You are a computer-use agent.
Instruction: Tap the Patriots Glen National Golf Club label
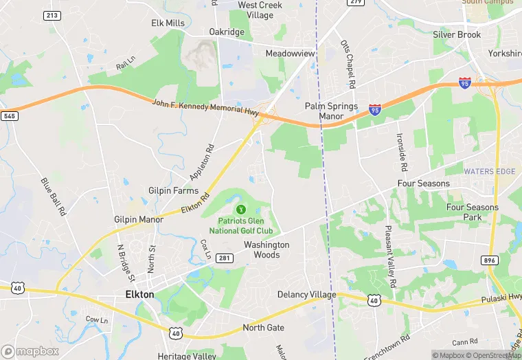(x=245, y=225)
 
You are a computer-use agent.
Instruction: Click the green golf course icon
(x=240, y=209)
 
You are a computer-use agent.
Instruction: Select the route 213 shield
(x=51, y=15)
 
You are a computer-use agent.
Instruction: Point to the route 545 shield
(x=9, y=116)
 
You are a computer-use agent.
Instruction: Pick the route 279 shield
(x=355, y=2)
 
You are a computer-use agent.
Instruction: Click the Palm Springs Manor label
(x=331, y=111)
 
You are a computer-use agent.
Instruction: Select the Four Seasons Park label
(x=472, y=212)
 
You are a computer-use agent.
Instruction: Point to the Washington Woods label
(x=266, y=249)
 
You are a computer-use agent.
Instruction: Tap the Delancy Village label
(x=306, y=295)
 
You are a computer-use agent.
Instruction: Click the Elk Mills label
(x=168, y=23)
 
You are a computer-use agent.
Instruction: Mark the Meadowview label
(x=291, y=53)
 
